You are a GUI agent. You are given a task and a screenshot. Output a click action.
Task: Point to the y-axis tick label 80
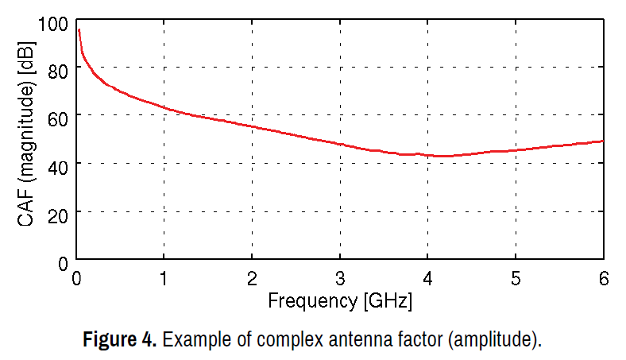tap(59, 69)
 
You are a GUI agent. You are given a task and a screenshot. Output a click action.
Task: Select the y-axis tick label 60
tap(59, 117)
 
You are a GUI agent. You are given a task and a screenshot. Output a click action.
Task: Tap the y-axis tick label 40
tap(59, 165)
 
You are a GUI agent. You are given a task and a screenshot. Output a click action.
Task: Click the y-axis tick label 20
tap(59, 212)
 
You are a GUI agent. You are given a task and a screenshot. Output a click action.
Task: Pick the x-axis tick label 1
tap(164, 279)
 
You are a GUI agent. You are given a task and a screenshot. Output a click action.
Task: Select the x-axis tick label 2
tap(252, 279)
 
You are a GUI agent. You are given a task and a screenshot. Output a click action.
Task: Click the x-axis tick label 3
tap(340, 279)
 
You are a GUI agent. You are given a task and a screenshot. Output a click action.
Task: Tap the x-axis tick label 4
tap(427, 279)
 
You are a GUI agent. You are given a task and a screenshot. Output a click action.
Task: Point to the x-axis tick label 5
tap(516, 279)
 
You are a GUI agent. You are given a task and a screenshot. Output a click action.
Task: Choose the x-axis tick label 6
tap(603, 279)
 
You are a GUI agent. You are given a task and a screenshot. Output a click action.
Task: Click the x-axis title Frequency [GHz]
tap(340, 302)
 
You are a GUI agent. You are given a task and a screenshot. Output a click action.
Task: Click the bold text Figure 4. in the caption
tap(120, 340)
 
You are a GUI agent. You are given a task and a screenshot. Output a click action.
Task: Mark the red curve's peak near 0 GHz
tap(78, 29)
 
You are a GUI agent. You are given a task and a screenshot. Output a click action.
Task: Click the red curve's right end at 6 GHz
tap(603, 141)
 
